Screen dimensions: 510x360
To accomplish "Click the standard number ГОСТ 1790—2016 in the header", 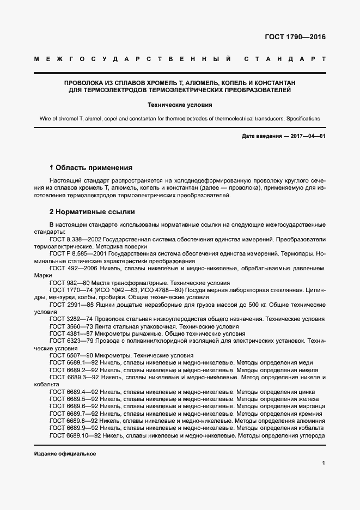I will click(295, 38).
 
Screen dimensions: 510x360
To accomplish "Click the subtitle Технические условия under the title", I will click(179, 105).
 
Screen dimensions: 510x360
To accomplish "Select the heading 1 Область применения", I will click(91, 167).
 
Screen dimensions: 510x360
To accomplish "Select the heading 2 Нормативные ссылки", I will click(92, 211).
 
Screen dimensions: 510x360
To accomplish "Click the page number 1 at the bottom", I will click(324, 463).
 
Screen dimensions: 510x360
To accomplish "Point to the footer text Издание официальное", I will click(65, 454).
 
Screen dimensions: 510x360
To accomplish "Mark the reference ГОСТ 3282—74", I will click(70, 319).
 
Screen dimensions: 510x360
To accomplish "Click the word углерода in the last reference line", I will click(310, 436).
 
